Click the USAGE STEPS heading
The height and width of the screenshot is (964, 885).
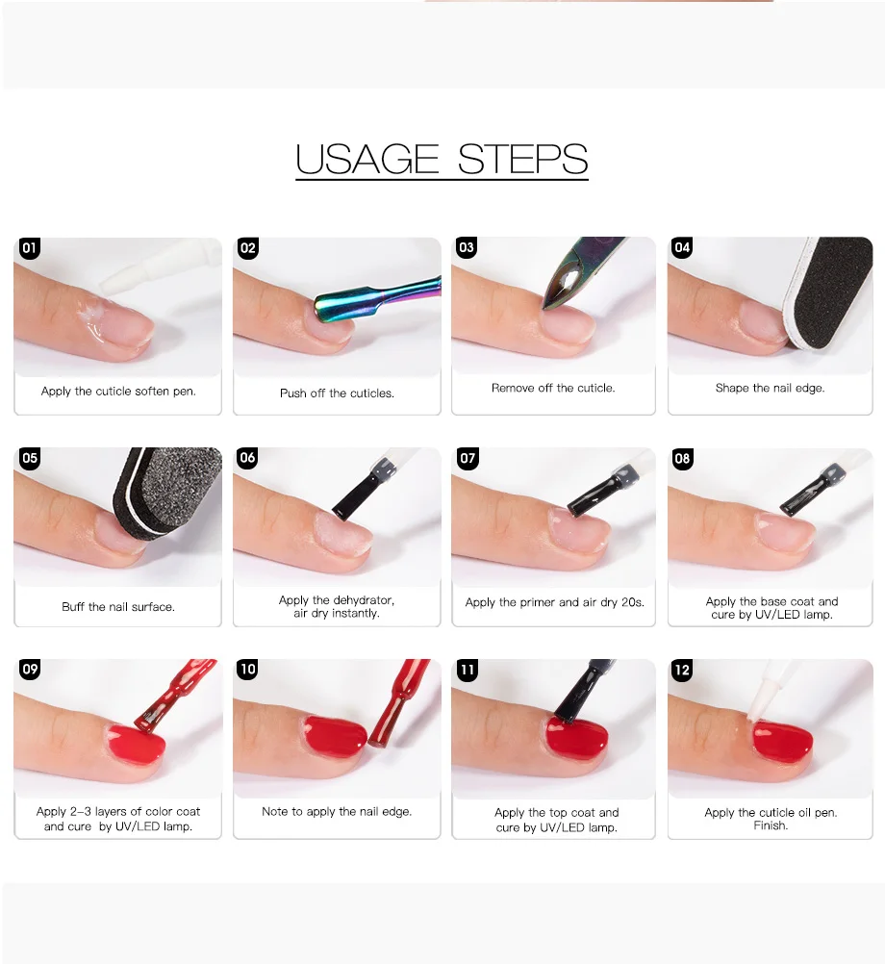click(x=442, y=160)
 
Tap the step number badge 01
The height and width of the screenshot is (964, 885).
click(x=29, y=248)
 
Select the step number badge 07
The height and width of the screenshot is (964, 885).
click(x=468, y=459)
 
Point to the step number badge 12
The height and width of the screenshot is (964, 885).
click(x=682, y=671)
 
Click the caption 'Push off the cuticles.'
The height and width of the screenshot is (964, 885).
click(x=337, y=393)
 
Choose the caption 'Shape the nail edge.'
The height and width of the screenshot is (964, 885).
click(x=771, y=389)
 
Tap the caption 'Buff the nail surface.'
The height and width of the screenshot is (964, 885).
click(x=118, y=607)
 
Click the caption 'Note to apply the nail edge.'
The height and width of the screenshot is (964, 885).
click(x=337, y=812)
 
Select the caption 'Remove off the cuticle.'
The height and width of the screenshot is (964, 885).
click(x=553, y=388)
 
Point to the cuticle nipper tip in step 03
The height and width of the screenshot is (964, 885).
click(x=545, y=306)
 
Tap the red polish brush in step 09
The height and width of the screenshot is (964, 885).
click(x=172, y=696)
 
